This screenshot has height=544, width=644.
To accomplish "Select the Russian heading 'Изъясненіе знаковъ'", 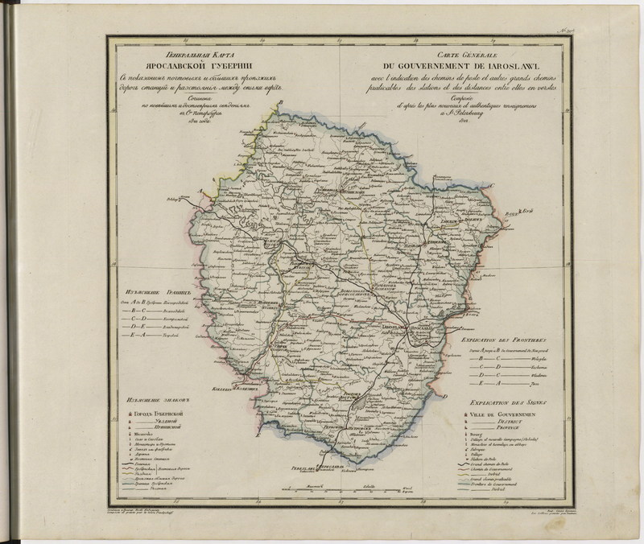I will [150, 399].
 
